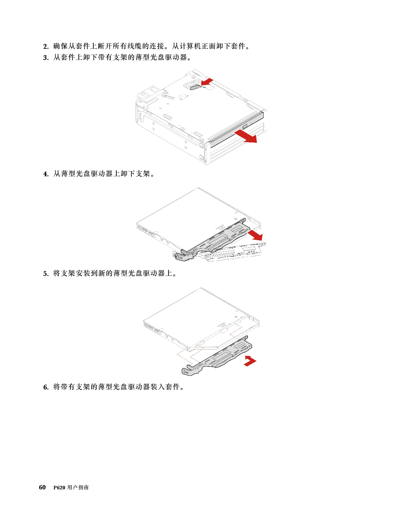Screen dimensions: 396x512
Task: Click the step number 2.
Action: [46, 47]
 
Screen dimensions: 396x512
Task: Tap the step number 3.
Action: [46, 58]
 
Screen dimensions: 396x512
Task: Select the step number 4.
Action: [46, 174]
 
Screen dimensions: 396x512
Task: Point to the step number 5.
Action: [46, 274]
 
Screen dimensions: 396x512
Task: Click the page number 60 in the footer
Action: [42, 487]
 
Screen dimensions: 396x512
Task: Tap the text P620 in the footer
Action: [59, 487]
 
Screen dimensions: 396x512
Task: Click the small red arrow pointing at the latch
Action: [207, 82]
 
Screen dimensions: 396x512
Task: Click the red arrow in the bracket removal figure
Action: [255, 235]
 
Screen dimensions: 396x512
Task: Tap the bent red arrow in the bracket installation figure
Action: [250, 361]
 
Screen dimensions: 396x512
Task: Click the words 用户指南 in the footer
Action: [78, 487]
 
